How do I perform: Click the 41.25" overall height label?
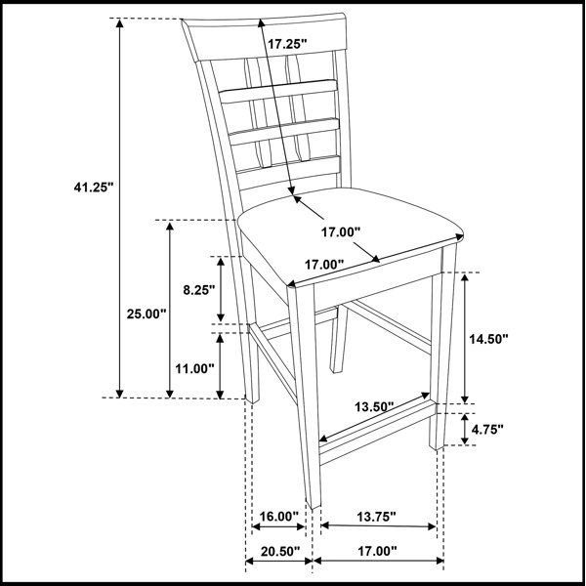[93, 187]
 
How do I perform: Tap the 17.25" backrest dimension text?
[287, 44]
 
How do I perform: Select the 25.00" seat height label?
[146, 314]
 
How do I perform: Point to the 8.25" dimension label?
[199, 290]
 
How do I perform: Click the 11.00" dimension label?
[194, 369]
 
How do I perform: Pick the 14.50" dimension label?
[489, 339]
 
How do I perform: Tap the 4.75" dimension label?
[487, 430]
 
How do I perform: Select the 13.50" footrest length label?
[374, 406]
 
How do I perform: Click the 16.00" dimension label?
[278, 517]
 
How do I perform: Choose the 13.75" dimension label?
[376, 517]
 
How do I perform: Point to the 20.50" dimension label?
[280, 551]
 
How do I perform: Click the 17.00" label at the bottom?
[377, 551]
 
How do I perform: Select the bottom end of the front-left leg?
[314, 505]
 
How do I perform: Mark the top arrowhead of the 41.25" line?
[119, 23]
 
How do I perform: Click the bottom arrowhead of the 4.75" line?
[465, 440]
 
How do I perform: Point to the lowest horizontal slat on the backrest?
[288, 171]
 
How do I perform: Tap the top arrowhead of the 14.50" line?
[465, 277]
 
